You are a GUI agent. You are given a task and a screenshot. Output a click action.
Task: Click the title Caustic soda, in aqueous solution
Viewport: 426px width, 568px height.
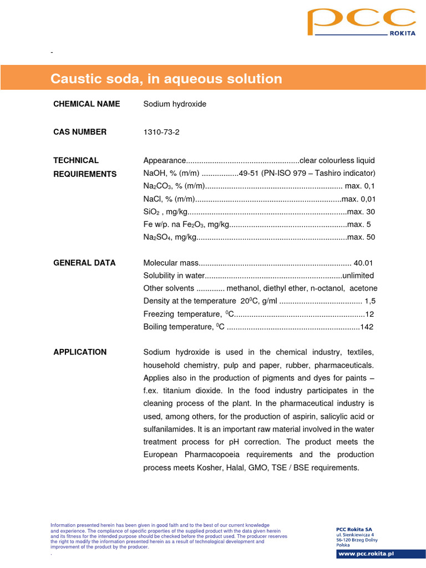point(166,79)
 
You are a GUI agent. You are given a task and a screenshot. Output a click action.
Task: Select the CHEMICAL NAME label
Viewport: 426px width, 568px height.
point(86,104)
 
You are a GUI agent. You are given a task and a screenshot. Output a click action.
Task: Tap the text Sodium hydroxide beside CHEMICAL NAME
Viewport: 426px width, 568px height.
point(175,104)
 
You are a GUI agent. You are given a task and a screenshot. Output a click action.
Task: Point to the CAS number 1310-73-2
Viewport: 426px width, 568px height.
point(161,132)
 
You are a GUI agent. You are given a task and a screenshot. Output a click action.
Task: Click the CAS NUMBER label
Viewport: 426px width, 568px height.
point(80,132)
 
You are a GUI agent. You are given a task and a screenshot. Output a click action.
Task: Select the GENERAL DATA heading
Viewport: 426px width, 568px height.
point(84,263)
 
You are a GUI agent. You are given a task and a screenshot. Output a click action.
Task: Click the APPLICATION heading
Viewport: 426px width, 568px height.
point(80,352)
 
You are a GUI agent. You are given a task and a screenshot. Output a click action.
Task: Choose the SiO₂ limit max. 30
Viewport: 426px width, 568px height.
point(361,212)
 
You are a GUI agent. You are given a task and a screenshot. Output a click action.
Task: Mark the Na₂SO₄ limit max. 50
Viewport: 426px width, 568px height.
point(361,237)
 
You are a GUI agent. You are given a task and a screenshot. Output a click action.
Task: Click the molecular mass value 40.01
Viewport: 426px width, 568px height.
point(363,263)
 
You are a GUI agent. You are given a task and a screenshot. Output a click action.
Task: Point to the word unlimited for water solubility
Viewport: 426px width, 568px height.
point(358,276)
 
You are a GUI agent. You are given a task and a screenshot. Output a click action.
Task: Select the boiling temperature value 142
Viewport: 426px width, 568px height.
point(367,327)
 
